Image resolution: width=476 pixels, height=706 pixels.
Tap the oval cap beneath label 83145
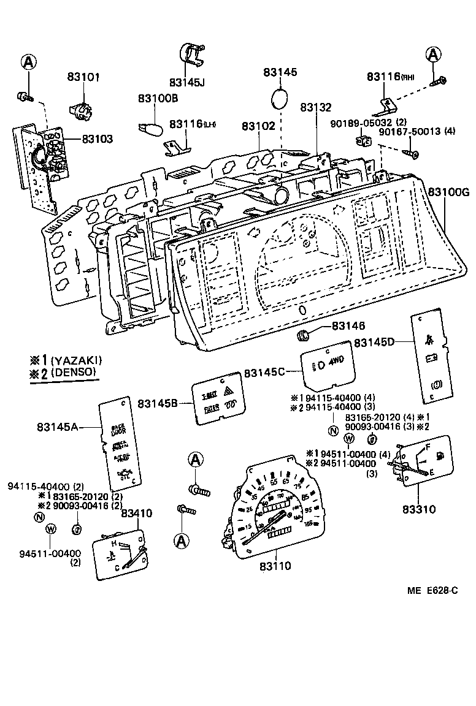[x=280, y=98]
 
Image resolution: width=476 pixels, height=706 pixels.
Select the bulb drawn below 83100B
[x=151, y=131]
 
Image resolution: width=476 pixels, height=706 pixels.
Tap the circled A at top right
[x=433, y=55]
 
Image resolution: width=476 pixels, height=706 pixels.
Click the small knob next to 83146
[x=302, y=335]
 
